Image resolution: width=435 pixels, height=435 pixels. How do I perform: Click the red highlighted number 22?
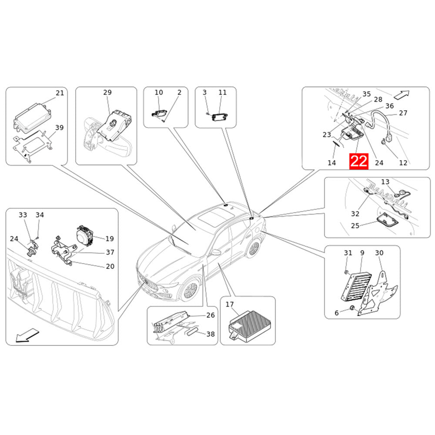coord(359,161)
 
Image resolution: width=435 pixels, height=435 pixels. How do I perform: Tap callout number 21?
coord(60,93)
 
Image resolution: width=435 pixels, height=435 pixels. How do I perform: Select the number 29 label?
coord(107,92)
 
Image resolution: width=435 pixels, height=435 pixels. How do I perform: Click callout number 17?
coord(229,304)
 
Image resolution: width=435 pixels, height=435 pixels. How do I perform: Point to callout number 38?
coord(211,334)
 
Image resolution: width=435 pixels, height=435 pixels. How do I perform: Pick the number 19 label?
coord(110,238)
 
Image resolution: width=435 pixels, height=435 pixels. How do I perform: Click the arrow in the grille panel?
coord(27,335)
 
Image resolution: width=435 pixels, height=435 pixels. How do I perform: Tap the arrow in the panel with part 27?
coord(402,94)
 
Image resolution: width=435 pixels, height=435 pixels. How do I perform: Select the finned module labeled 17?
coord(249,325)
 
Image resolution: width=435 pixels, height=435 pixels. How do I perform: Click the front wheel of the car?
coord(190,291)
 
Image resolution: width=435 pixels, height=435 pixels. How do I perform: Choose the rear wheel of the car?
coord(254,248)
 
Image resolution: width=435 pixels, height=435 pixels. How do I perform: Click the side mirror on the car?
coord(216,252)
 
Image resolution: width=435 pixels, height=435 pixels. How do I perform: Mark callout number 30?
coord(379,253)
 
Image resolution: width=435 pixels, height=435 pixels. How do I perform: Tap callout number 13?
coord(385,182)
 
